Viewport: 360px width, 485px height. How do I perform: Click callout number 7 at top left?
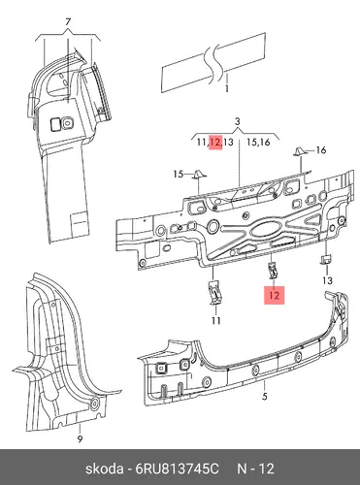68,22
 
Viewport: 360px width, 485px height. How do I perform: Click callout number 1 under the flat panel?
227,88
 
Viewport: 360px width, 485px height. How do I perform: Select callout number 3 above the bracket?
238,122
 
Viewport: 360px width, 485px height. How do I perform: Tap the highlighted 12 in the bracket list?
215,143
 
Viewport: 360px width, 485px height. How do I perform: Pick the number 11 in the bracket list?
203,143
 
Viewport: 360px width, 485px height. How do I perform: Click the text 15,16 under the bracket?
258,143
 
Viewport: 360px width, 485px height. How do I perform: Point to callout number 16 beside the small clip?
321,150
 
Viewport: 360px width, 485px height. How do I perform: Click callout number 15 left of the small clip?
179,175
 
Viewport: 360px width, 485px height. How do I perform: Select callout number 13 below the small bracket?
328,280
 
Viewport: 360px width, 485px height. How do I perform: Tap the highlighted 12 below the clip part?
274,296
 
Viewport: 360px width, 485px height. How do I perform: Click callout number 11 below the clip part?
216,321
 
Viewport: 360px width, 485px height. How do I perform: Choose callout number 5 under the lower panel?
265,396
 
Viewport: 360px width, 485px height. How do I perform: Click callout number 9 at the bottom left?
80,438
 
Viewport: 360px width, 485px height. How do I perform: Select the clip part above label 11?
214,292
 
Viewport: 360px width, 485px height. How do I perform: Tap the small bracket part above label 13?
326,259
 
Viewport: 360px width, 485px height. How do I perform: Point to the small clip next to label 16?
298,151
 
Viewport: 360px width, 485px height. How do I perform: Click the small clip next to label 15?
198,174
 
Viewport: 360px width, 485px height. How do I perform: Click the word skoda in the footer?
104,469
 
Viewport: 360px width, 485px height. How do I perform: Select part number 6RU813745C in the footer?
177,469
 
